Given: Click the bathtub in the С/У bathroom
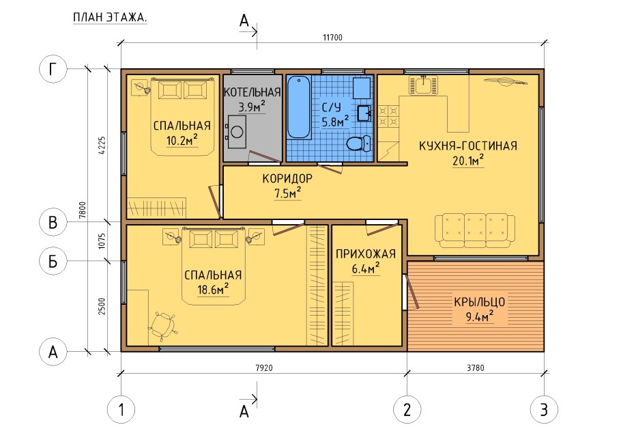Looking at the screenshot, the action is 299,107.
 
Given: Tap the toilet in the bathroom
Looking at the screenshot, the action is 358,143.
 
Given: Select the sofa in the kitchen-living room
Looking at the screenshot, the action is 475,231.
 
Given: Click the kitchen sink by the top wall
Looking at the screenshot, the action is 423,85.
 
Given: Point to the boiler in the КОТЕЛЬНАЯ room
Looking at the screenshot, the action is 237,132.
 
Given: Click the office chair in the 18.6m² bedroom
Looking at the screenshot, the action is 162,326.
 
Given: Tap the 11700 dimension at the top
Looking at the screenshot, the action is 333,38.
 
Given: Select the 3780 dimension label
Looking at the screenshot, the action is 475,368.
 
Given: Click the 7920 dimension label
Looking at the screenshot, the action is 264,368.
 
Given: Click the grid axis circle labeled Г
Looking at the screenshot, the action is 53,68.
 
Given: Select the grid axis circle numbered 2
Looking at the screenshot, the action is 407,409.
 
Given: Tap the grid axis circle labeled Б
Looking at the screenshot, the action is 53,261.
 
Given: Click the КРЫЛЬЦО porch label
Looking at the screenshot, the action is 479,302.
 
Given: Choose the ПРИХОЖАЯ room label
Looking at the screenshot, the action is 366,253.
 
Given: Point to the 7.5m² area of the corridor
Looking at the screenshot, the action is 287,193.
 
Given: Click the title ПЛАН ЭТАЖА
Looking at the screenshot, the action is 110,18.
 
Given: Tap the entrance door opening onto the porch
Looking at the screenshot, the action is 411,292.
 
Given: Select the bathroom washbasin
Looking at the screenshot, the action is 364,113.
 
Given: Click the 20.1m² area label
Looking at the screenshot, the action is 468,161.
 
